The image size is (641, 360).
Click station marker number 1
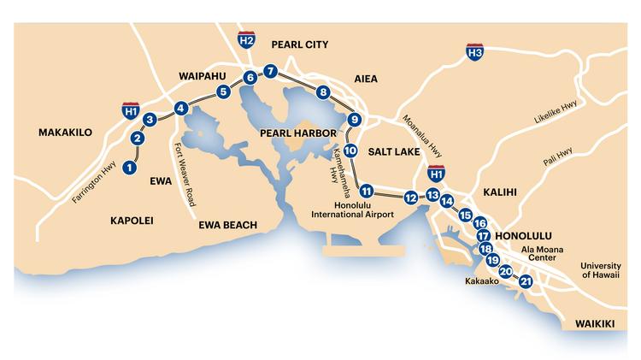tap(130, 168)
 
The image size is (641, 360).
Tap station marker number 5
tap(223, 91)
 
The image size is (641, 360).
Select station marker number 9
tap(355, 120)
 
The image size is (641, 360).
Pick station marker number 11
tap(367, 191)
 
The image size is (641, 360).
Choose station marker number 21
tap(526, 280)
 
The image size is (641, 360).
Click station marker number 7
tap(270, 71)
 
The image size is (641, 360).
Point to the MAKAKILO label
tap(67, 133)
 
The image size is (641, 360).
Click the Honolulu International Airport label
tap(364, 210)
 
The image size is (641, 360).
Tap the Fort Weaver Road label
tap(185, 175)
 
